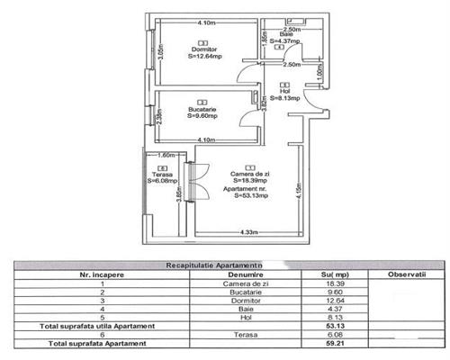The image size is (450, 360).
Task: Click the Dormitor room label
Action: pos(202,48)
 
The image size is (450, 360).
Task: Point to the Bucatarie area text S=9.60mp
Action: pos(202,115)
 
